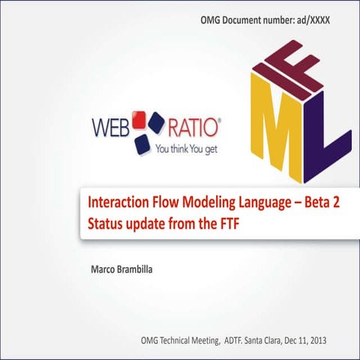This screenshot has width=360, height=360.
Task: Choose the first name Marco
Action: click(102, 268)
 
